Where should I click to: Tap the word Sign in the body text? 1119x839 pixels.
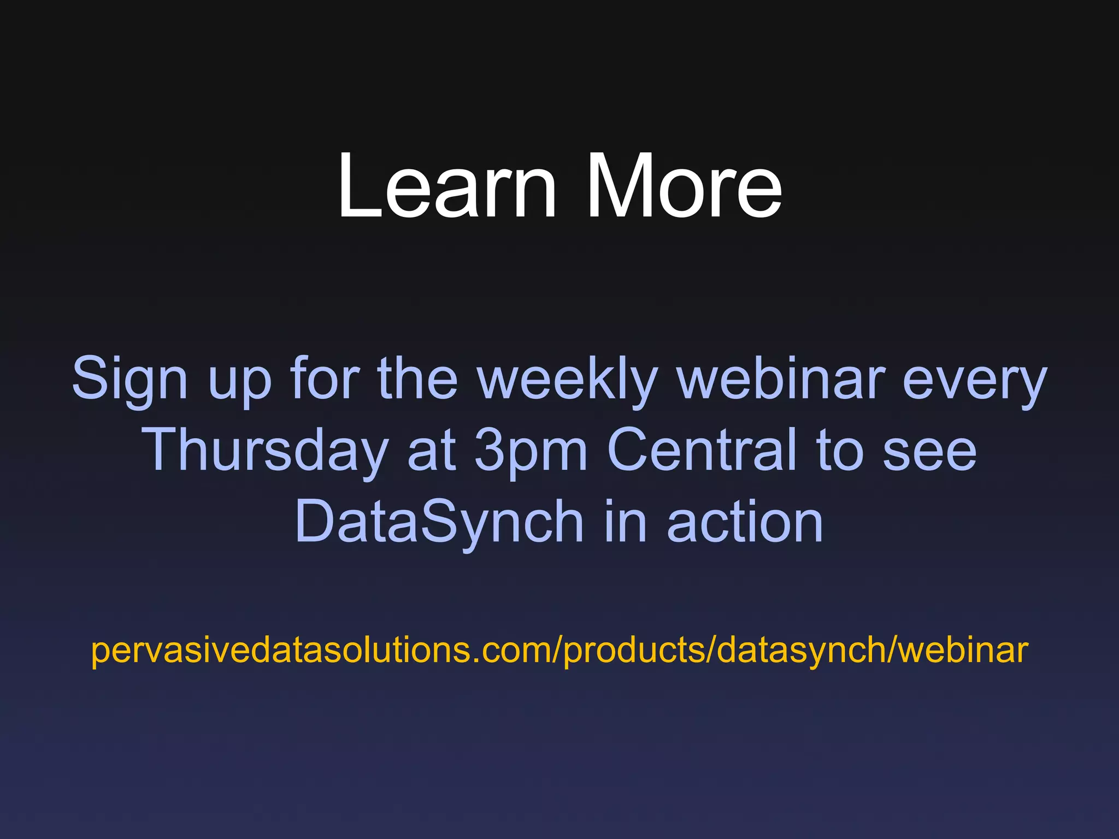[130, 379]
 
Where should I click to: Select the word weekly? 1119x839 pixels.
[567, 379]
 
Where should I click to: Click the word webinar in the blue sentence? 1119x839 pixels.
[781, 379]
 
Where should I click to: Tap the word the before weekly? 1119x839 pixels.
[418, 379]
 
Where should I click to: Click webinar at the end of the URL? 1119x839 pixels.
[964, 650]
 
